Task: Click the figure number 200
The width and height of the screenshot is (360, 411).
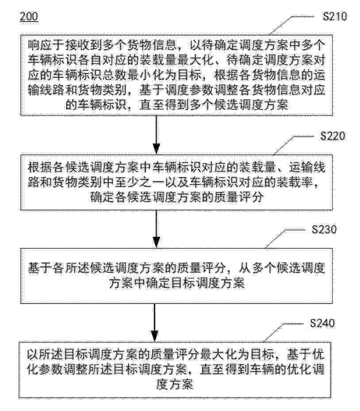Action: point(29,17)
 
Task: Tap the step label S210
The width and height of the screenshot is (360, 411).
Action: point(335,16)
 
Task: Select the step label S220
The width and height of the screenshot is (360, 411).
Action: point(333,136)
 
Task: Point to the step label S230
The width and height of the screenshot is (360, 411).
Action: point(324,229)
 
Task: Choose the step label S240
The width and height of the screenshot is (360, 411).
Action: point(322,323)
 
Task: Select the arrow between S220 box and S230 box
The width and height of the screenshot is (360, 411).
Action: point(156,229)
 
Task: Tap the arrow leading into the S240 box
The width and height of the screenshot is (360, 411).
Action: point(156,322)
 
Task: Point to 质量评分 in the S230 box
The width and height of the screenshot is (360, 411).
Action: point(202,269)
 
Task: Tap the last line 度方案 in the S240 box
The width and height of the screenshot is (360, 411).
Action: point(175,384)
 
